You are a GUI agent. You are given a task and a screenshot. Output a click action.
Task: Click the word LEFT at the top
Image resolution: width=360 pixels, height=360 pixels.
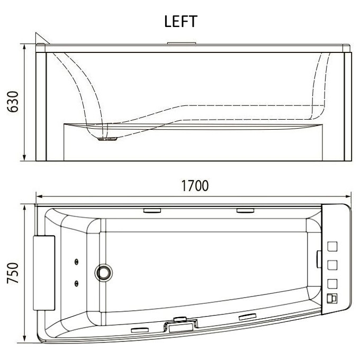181,21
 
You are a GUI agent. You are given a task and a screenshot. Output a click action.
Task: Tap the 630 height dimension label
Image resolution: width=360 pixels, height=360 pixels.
13,102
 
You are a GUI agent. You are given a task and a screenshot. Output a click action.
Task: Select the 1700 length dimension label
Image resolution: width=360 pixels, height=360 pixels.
195,186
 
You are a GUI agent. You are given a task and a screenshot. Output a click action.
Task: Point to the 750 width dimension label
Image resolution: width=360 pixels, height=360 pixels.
13,273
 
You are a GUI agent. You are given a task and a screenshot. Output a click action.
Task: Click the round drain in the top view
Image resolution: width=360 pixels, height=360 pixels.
104,272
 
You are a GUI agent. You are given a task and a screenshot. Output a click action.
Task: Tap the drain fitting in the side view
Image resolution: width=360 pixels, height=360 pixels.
107,139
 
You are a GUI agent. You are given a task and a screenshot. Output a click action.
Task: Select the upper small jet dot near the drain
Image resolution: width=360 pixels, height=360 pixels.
76,262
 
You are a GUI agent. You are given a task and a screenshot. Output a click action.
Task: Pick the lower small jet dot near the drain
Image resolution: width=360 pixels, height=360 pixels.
76,284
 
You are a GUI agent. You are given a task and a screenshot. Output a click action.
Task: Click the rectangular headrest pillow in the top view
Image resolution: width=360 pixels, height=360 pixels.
44,273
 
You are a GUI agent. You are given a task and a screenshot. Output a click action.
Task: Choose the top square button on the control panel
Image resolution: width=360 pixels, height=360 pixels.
332,246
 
